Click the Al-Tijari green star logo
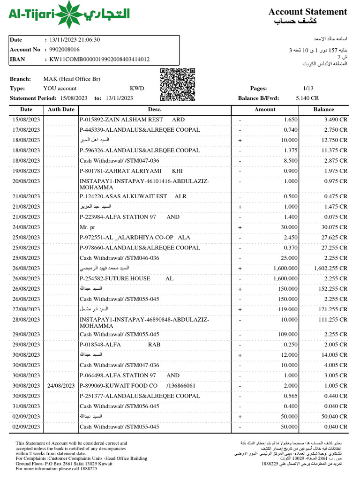pos(70,15)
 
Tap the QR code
pos(178,85)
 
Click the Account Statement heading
pos(307,12)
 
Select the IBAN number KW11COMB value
pos(97,60)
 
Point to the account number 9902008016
pos(61,50)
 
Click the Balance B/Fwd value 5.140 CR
pos(307,98)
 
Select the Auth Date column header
pos(61,109)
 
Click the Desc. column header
pos(155,109)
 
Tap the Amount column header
pos(265,109)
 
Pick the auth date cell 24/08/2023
pos(61,386)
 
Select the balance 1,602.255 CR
pos(330,269)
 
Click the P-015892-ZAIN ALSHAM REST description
pos(132,120)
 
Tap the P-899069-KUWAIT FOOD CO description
pos(137,386)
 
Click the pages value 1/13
pos(308,88)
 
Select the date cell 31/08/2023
pos(26,406)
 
